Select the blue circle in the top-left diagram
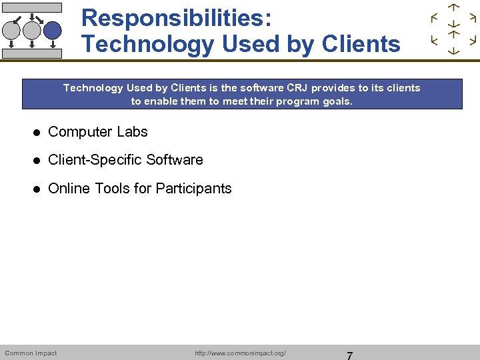52,30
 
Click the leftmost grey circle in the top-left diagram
12,30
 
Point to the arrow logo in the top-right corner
453,29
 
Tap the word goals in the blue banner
337,101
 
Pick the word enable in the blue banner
157,101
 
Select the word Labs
132,132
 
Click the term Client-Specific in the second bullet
95,160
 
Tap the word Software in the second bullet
175,160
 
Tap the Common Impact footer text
31,353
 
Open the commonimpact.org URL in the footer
240,353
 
